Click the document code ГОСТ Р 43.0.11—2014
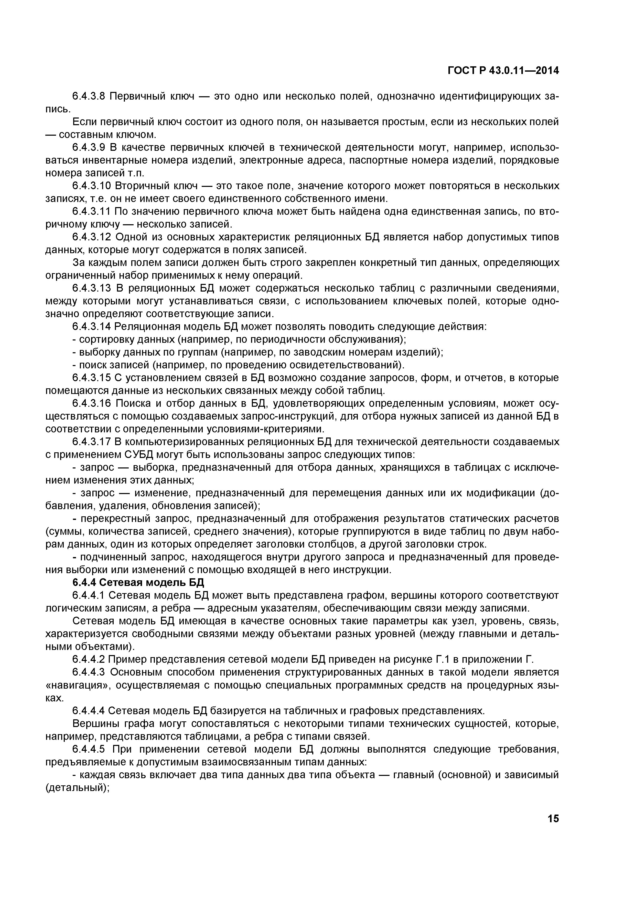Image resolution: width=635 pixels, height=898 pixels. click(x=503, y=70)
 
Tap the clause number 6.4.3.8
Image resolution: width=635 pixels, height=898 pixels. click(x=89, y=96)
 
